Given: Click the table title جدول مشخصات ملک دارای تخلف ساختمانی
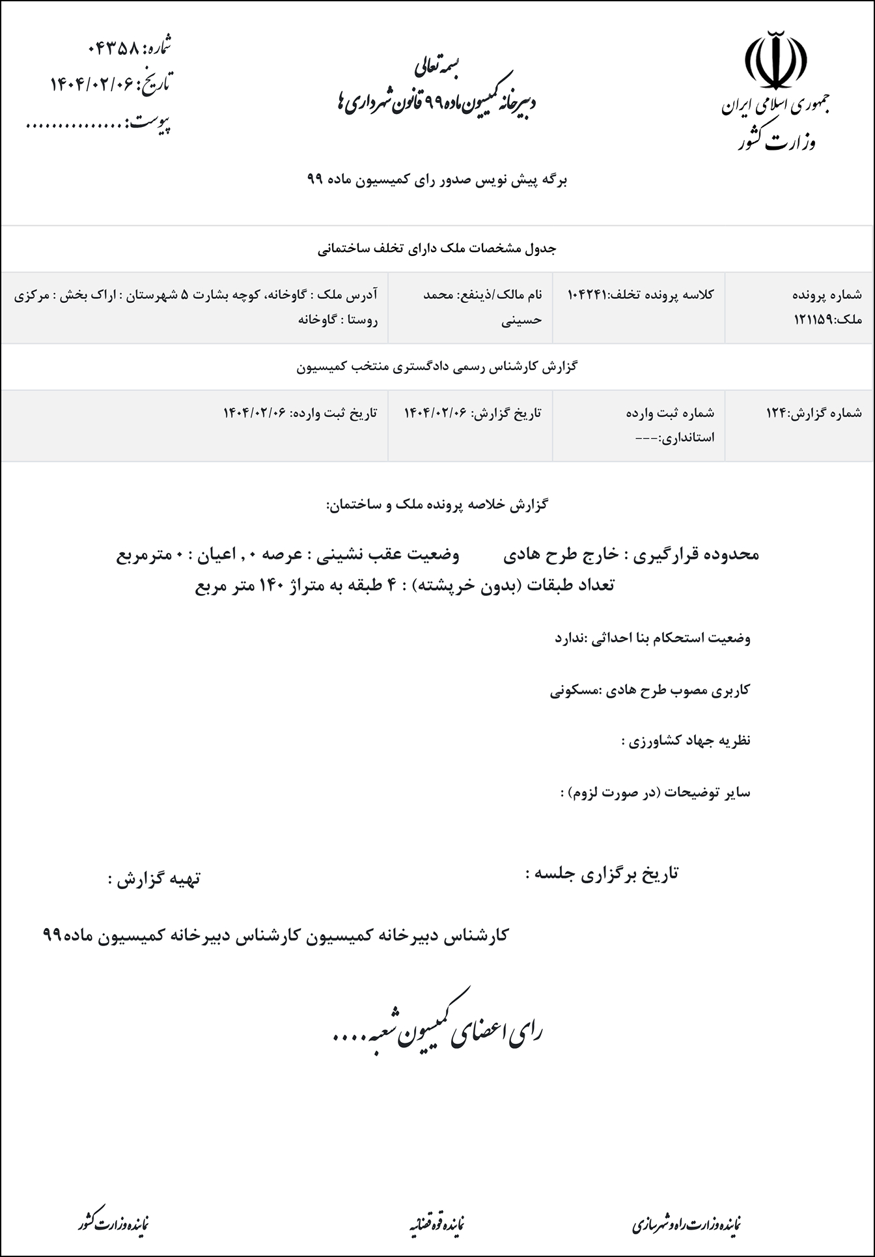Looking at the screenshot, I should pyautogui.click(x=437, y=249).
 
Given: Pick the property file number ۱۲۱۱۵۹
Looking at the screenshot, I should pyautogui.click(x=814, y=320).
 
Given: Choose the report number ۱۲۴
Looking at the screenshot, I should pyautogui.click(x=777, y=412).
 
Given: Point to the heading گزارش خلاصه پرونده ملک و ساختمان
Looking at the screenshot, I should pyautogui.click(x=437, y=505).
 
